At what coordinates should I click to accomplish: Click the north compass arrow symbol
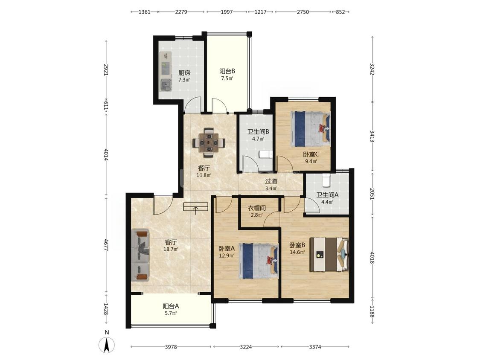pos(106,345)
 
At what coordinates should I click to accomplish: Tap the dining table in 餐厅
pos(209,142)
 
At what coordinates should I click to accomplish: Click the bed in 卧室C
pos(311,128)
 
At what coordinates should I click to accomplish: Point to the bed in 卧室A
pos(259,261)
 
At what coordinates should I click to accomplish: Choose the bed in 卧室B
pos(329,254)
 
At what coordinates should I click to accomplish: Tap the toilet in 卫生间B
pos(265,154)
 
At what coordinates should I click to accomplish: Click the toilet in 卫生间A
pos(326,180)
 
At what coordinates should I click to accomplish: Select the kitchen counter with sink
pos(166,71)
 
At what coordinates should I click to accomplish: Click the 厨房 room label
pos(184,73)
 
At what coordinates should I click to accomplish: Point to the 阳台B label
pos(227,71)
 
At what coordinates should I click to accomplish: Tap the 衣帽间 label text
pos(256,208)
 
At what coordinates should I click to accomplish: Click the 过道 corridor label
pos(271,181)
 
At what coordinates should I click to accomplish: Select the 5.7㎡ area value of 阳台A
pos(171,313)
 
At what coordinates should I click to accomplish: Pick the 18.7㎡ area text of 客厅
pos(171,249)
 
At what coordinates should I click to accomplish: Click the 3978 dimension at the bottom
pos(171,347)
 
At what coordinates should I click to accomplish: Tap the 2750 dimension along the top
pos(303,12)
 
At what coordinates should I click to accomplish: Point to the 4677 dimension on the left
pos(106,245)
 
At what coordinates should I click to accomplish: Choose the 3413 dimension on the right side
pos(372,136)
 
